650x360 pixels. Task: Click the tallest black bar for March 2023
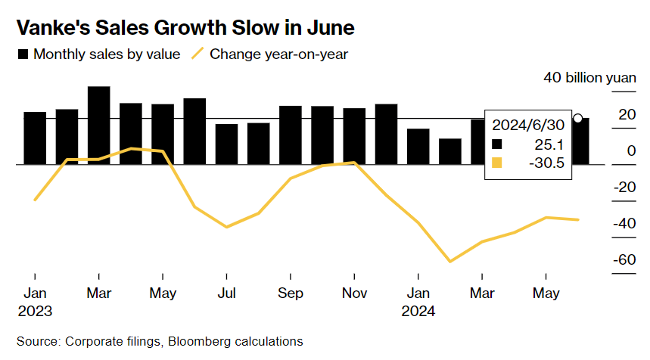(x=99, y=125)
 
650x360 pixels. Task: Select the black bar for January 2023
(x=35, y=138)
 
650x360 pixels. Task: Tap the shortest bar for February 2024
(x=450, y=151)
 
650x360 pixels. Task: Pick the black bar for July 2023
(x=226, y=144)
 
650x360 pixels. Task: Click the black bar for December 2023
(x=386, y=134)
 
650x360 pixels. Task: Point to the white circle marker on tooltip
(x=577, y=118)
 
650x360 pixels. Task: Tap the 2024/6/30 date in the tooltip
(x=529, y=124)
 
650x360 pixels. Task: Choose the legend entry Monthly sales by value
(x=98, y=54)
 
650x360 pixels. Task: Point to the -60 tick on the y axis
(x=624, y=260)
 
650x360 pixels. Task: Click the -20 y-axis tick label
(x=624, y=188)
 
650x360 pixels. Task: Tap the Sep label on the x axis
(x=290, y=293)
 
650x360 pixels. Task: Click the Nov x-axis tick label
(x=354, y=293)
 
